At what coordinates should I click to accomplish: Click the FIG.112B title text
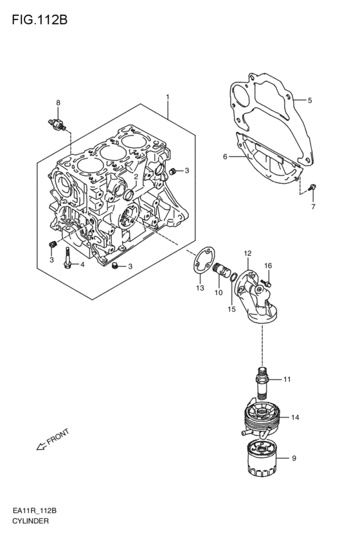(39, 20)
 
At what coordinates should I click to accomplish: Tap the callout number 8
(59, 103)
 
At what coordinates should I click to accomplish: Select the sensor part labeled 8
(57, 125)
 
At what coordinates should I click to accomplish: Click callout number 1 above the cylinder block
(168, 96)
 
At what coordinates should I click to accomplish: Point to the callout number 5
(310, 101)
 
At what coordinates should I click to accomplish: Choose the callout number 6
(225, 157)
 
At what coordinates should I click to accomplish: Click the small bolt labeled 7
(312, 188)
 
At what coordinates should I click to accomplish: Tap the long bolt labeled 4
(67, 258)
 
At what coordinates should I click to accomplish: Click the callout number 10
(219, 292)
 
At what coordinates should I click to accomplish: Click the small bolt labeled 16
(267, 283)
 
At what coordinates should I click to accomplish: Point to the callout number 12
(248, 253)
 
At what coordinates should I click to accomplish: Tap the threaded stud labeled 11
(263, 383)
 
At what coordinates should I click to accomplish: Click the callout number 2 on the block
(136, 177)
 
